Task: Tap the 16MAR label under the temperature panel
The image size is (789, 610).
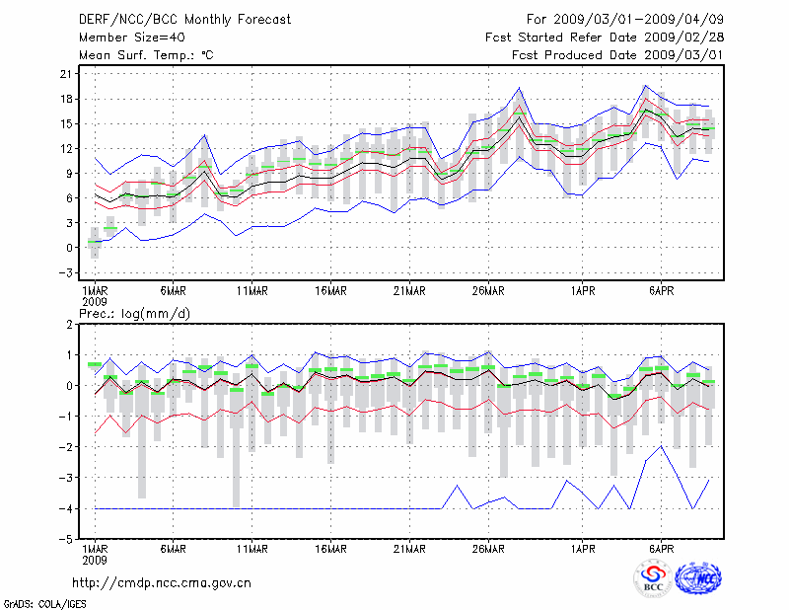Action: pos(330,290)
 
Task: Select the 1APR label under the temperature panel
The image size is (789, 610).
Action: pos(584,290)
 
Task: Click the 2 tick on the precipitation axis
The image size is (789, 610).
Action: pos(68,324)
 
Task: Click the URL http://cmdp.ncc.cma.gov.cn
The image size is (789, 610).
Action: pos(162,582)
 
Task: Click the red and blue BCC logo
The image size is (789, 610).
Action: pos(653,579)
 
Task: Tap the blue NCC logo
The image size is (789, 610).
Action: pos(698,579)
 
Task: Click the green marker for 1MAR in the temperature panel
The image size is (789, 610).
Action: pos(95,241)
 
